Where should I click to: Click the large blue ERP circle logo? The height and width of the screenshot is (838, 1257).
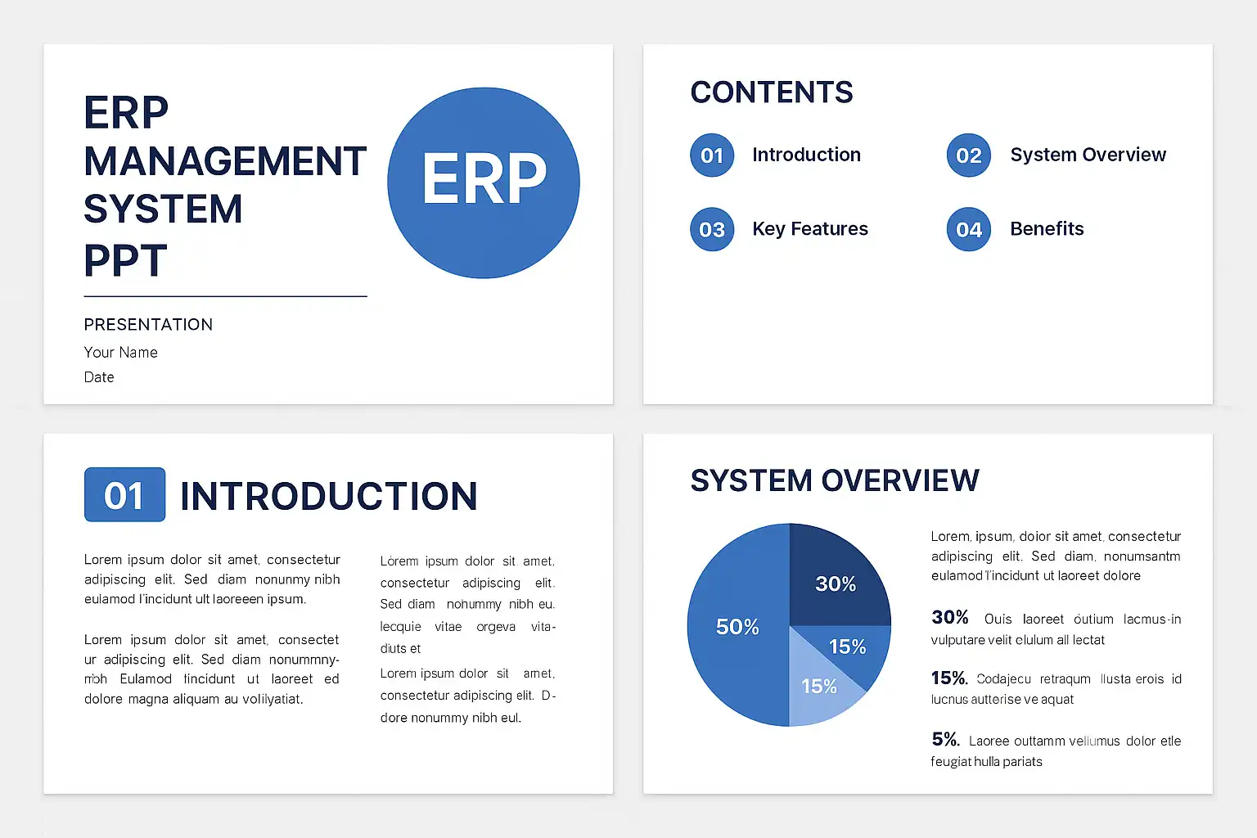pos(483,182)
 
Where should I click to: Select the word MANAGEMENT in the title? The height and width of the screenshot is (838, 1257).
pos(225,162)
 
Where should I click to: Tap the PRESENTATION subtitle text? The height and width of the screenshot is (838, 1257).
pos(148,324)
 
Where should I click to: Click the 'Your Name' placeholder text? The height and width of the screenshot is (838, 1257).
pos(120,353)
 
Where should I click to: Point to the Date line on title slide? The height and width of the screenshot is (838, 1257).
pos(99,377)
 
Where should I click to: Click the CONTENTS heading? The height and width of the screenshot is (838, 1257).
pos(772,92)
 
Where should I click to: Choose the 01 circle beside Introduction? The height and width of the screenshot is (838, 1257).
pos(712,155)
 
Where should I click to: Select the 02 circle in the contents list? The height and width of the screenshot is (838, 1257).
pos(969,155)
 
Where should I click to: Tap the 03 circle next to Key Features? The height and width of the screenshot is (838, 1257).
pos(712,229)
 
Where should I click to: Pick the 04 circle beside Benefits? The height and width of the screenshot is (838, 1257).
pos(969,229)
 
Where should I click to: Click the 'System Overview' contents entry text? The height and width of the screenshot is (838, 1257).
pos(1088,155)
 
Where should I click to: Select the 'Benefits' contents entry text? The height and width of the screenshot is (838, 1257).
pos(1047,228)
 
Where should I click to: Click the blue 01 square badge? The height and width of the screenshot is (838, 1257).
pos(124,494)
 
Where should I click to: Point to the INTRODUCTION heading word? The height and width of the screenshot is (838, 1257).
pos(329,496)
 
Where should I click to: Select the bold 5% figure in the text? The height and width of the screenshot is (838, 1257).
pos(945,739)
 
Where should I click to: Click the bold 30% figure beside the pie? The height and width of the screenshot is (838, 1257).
pos(950,617)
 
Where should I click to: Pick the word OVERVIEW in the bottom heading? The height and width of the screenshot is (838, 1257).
pos(901,480)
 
